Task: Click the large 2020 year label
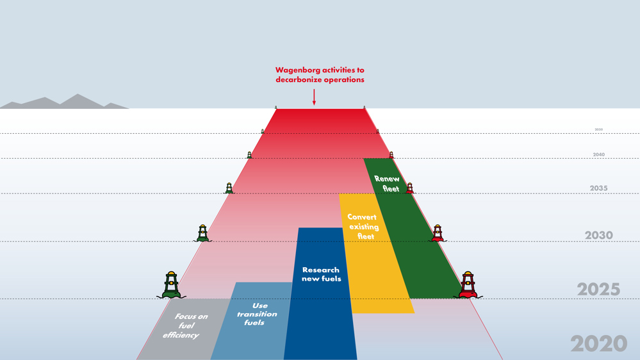click(598, 344)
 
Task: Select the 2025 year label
click(598, 290)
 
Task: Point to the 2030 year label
click(598, 236)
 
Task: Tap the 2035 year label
click(598, 188)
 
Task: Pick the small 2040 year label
click(598, 155)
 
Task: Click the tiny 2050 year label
click(598, 129)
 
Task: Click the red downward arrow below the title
click(314, 97)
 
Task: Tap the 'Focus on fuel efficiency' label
click(185, 325)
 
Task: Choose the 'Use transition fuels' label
click(257, 314)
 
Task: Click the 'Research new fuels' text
click(321, 274)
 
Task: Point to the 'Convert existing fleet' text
click(363, 226)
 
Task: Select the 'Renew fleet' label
click(388, 184)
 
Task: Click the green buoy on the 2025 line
click(171, 285)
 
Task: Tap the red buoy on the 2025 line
click(468, 285)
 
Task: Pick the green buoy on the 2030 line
click(202, 233)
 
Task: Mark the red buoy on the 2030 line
click(438, 233)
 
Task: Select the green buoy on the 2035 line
click(229, 188)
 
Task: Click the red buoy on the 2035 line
click(410, 188)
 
